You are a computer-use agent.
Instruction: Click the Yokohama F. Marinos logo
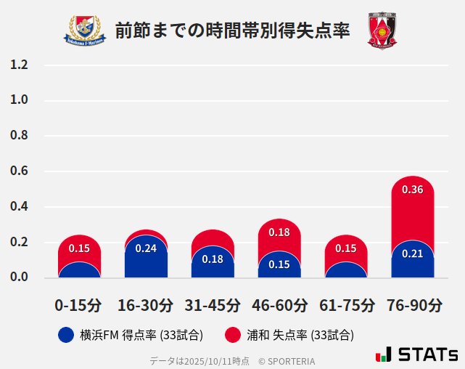(x=86, y=31)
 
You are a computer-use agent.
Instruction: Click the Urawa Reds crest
(x=382, y=31)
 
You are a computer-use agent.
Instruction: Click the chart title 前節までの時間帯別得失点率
(x=232, y=31)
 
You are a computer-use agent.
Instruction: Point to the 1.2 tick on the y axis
(x=19, y=65)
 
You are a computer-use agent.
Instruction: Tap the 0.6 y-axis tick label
(x=19, y=171)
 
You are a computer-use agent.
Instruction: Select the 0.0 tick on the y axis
(x=19, y=277)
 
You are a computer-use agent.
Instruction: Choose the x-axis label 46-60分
(x=279, y=305)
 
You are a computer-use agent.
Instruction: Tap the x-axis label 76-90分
(x=413, y=305)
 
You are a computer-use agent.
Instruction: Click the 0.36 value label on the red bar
(x=413, y=190)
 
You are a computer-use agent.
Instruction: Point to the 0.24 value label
(x=146, y=248)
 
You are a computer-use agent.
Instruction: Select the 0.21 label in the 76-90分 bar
(x=413, y=254)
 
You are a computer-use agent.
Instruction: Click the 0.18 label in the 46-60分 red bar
(x=279, y=232)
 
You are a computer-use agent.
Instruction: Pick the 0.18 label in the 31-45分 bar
(x=213, y=259)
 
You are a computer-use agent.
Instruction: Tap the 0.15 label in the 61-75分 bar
(x=346, y=248)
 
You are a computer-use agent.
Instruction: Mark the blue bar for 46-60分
(x=279, y=267)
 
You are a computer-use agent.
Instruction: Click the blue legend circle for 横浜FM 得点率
(x=65, y=335)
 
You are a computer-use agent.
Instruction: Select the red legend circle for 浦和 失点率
(x=233, y=335)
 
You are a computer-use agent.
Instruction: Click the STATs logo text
(x=428, y=354)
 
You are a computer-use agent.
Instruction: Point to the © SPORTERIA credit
(x=287, y=361)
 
